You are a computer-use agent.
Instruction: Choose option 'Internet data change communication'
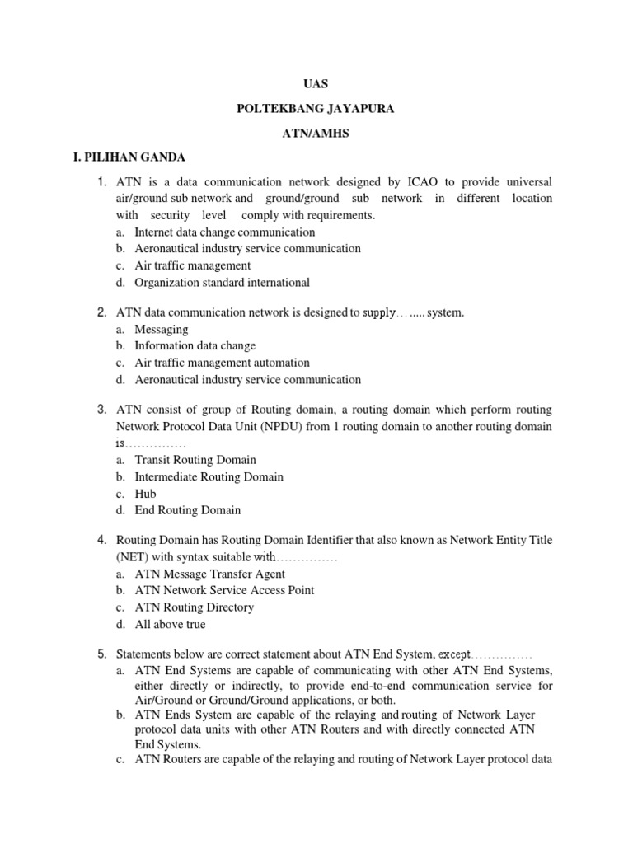click(x=224, y=232)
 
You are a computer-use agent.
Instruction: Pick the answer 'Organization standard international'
click(x=222, y=283)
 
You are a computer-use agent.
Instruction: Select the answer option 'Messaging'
click(x=162, y=330)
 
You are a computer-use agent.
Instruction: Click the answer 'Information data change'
click(x=195, y=346)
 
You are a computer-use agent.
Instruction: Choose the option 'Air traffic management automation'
click(x=222, y=363)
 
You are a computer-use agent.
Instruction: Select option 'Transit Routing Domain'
click(x=195, y=460)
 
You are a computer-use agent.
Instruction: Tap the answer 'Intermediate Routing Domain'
click(x=209, y=476)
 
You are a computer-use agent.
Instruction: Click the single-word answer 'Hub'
click(x=145, y=494)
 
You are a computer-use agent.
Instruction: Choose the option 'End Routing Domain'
click(x=188, y=510)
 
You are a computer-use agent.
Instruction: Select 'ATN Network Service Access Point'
click(x=224, y=590)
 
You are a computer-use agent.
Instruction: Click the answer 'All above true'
click(x=171, y=624)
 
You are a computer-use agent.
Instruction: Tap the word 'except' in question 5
click(x=454, y=654)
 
